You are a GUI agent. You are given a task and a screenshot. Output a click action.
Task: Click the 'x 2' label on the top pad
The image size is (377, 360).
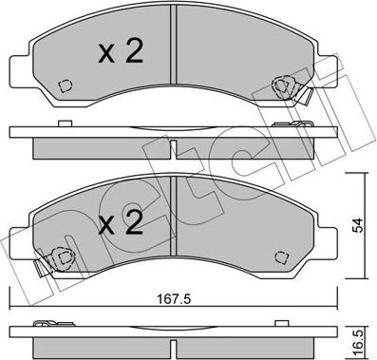tap(122, 51)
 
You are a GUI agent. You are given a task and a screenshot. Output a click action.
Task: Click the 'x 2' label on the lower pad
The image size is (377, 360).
tap(122, 224)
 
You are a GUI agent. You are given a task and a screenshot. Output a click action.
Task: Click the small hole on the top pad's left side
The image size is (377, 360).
tap(64, 85)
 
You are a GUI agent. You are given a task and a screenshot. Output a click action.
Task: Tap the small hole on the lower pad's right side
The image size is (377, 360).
tap(281, 256)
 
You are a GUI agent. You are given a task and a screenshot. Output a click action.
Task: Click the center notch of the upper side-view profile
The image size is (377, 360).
tap(171, 142)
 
